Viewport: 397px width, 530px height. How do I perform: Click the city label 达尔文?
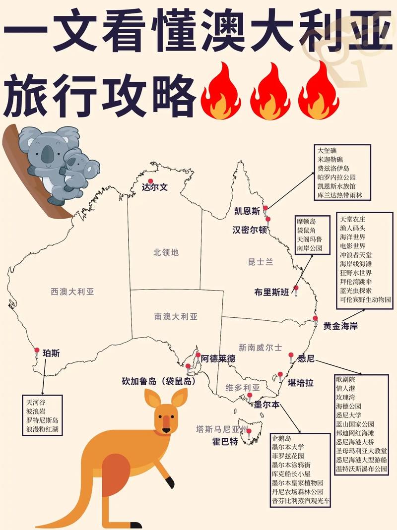[x=155, y=188]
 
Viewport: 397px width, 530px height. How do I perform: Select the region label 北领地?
[x=166, y=252]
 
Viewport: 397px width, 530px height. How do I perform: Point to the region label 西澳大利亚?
[x=72, y=292]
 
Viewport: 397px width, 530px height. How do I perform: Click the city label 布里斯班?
[x=271, y=292]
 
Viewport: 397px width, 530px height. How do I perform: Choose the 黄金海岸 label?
[x=340, y=326]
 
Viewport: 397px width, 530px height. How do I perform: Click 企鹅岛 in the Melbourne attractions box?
[x=281, y=438]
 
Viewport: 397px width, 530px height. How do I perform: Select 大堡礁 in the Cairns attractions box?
[x=328, y=150]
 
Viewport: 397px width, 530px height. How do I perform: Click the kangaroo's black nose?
[x=167, y=429]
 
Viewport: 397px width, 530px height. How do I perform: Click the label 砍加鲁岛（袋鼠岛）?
[x=158, y=382]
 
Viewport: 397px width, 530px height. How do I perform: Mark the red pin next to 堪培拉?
[x=280, y=375]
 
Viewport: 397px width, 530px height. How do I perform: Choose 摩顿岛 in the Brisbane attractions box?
[x=307, y=221]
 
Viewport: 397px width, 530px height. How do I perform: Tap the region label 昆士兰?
[x=261, y=262]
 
